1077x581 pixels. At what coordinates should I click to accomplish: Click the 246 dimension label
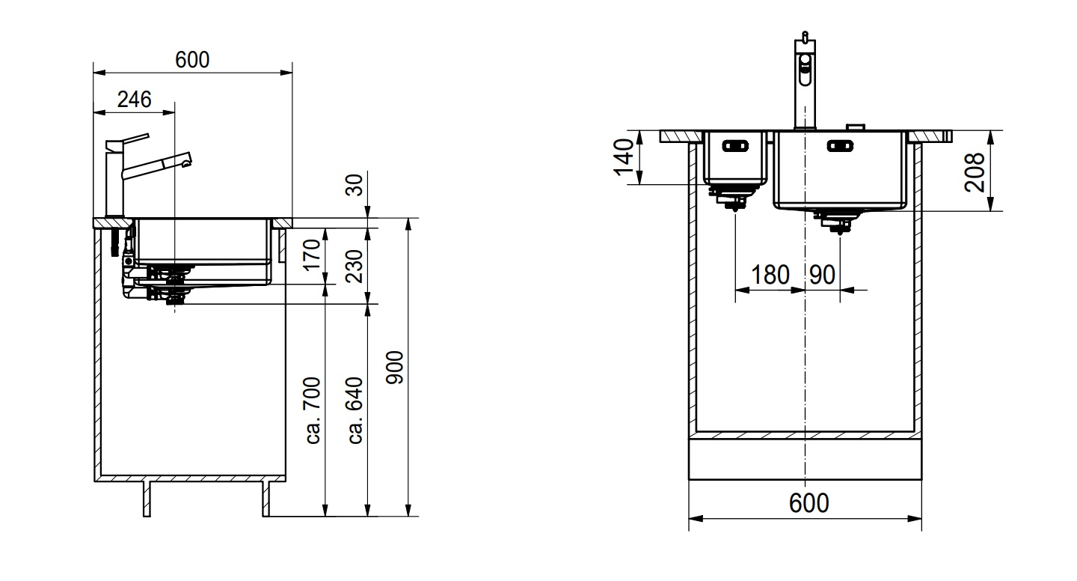pos(135,99)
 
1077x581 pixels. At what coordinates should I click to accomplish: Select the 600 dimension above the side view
pos(192,60)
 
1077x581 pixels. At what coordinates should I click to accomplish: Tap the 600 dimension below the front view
pos(809,502)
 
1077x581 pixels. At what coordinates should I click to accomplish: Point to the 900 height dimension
pos(396,367)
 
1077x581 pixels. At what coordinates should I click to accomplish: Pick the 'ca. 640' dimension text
pos(355,410)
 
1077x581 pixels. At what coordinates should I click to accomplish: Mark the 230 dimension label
pos(355,264)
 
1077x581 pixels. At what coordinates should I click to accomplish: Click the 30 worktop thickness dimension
pos(355,184)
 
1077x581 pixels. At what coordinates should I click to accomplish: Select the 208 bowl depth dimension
pos(974,171)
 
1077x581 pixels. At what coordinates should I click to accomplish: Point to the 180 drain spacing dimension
pos(770,275)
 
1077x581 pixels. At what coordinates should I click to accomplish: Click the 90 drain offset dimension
pos(822,275)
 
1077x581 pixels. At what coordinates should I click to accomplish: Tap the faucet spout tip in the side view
pos(185,159)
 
